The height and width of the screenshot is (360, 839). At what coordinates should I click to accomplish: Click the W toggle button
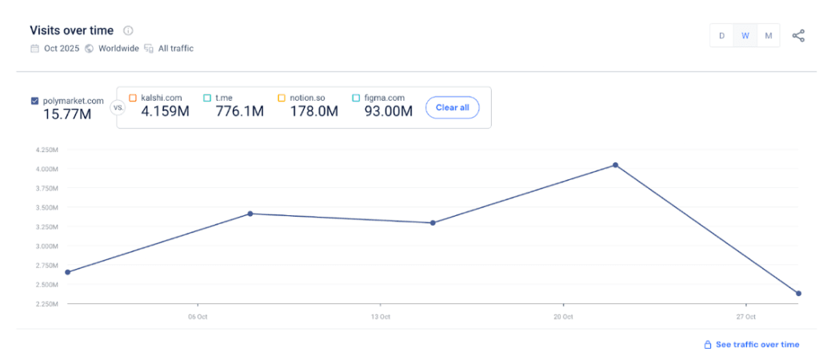coord(745,35)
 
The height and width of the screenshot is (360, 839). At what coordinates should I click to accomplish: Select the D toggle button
coord(721,35)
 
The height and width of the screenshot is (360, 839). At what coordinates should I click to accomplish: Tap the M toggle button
coord(768,35)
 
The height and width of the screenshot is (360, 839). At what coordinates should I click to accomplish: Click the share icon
coord(798,35)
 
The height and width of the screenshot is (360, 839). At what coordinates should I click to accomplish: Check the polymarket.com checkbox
coord(34,101)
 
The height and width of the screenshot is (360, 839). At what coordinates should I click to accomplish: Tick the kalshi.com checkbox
coord(133,98)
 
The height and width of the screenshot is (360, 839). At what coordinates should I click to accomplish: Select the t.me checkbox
coord(207,98)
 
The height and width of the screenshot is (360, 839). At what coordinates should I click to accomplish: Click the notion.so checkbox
coord(282,98)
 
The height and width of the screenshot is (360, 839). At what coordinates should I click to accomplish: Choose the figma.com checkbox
coord(356,98)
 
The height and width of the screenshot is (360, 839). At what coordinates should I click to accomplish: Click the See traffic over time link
coord(757,345)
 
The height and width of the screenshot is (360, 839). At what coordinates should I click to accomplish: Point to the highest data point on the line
coord(615,165)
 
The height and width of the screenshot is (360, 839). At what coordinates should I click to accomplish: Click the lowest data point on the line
coord(798,294)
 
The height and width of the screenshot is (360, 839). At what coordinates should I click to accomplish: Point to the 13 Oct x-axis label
coord(381,317)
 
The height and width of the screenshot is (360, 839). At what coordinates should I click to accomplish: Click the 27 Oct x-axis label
coord(745,317)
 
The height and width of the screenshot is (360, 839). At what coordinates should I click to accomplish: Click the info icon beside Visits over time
coord(128,30)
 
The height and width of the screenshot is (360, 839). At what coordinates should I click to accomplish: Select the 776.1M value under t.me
coord(239,111)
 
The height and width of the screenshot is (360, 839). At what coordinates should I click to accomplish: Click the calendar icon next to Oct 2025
coord(34,48)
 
